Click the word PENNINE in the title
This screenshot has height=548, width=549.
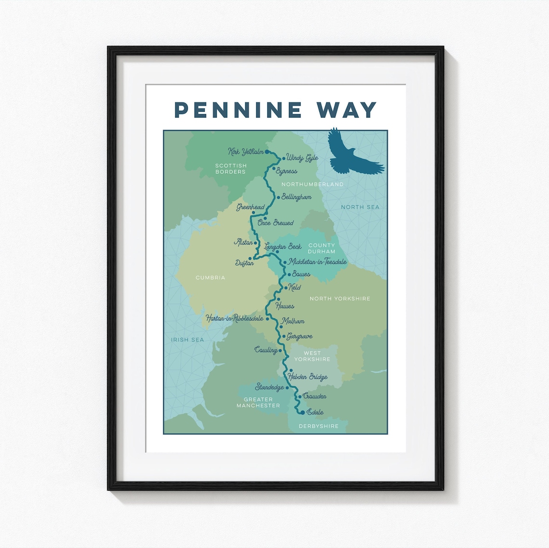(x=238, y=110)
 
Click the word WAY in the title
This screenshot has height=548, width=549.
(x=347, y=110)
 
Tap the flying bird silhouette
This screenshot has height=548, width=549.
(x=354, y=154)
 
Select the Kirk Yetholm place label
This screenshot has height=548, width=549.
(x=246, y=152)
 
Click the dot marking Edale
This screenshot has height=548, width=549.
(x=302, y=412)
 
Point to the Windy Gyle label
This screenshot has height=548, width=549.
(x=302, y=157)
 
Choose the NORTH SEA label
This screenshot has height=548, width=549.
(x=360, y=207)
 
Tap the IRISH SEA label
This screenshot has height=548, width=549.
(x=187, y=339)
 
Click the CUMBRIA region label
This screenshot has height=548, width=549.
(x=210, y=277)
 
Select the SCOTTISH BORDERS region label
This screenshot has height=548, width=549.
(x=231, y=169)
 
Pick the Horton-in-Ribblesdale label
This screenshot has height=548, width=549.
(x=235, y=318)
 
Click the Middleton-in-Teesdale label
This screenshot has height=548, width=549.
(x=317, y=262)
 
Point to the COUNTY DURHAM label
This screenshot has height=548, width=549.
(x=321, y=248)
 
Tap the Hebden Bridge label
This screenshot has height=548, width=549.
(x=308, y=377)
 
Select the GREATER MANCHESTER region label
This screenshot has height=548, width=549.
(x=258, y=402)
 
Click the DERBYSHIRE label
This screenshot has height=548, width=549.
(x=318, y=426)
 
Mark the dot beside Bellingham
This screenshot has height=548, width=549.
(x=278, y=197)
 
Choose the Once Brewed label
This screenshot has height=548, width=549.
(x=275, y=223)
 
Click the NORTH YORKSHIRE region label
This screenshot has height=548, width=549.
(x=340, y=299)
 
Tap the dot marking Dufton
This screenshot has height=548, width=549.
(x=250, y=258)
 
